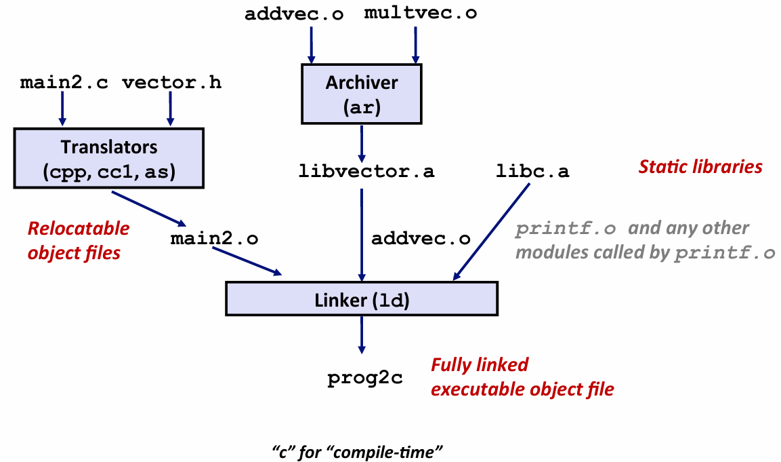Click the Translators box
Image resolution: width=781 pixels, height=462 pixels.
(108, 159)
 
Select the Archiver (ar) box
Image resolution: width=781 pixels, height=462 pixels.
(362, 93)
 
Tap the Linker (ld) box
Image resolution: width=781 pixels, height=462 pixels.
(362, 300)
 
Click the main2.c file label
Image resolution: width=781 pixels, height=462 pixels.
(64, 83)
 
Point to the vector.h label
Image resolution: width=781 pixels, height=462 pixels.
(171, 83)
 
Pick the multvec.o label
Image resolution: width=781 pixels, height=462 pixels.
(420, 14)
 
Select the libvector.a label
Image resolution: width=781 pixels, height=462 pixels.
(366, 172)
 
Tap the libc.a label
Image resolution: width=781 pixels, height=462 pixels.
(532, 172)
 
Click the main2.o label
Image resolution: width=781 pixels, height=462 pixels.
(214, 238)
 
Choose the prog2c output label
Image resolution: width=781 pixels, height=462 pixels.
(365, 378)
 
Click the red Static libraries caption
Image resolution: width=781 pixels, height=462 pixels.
(700, 166)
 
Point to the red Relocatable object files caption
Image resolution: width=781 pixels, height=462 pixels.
(78, 241)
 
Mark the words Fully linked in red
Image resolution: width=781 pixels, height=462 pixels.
(480, 365)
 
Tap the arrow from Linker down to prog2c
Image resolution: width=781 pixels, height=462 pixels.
(362, 334)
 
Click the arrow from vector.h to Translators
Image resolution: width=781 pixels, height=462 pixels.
(170, 109)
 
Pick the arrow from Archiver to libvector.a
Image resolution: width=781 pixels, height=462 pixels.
(362, 140)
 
